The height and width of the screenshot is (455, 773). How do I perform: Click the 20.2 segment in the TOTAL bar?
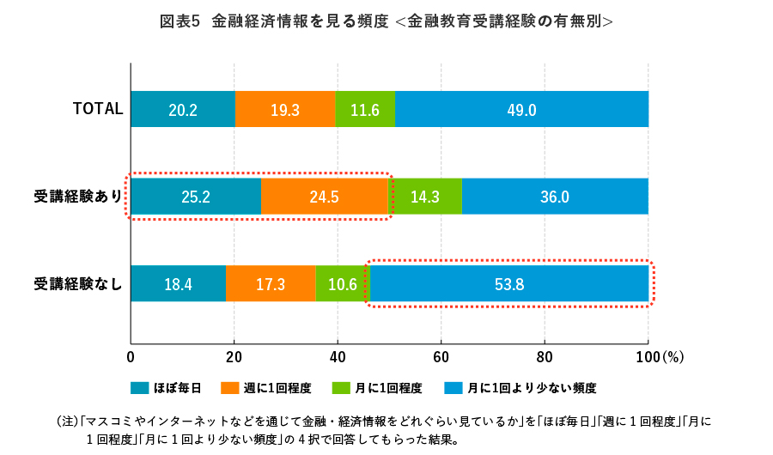183,110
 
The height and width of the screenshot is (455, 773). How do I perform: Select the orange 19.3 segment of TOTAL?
285,110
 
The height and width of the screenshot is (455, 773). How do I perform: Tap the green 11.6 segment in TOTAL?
365,110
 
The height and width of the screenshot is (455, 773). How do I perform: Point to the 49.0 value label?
521,110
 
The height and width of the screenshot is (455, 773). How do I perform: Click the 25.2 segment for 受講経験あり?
196,197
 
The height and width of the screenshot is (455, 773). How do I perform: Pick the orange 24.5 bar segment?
324,197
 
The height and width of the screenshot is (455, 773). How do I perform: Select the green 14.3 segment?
424,197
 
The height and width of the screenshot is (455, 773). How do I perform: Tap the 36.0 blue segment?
554,197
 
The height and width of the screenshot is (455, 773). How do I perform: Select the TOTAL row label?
98,109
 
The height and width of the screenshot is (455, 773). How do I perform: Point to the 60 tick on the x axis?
441,356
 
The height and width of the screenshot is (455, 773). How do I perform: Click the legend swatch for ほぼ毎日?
139,388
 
